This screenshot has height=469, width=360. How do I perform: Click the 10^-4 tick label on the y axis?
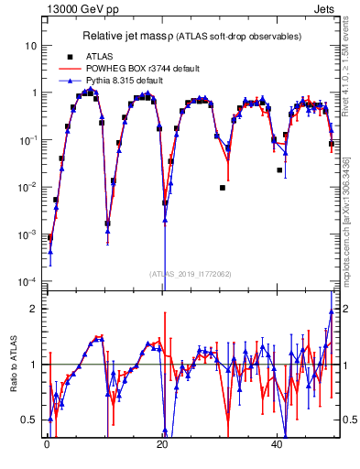click(x=28, y=281)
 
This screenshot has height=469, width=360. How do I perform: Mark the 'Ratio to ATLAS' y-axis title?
click(x=12, y=364)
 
